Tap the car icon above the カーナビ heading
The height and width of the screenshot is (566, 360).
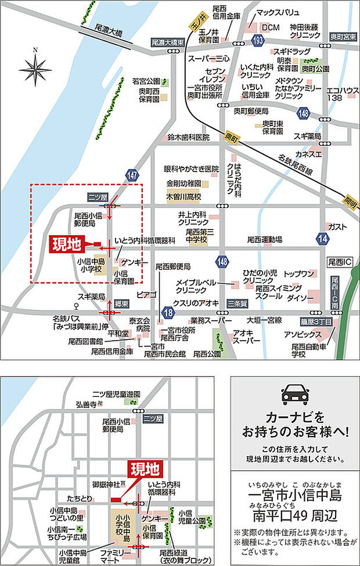point(294,395)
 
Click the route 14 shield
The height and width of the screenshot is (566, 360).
point(323,237)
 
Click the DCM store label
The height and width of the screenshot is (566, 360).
point(270,27)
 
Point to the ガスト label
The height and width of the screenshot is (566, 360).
point(337,226)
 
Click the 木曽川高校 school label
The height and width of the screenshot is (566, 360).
point(183,197)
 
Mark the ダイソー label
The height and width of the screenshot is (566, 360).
point(300,298)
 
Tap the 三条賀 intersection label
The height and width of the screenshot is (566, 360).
point(237,303)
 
